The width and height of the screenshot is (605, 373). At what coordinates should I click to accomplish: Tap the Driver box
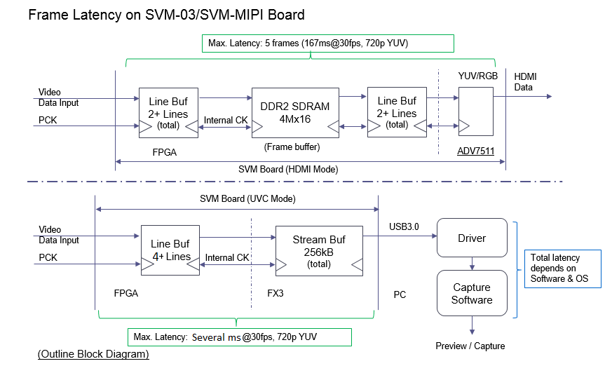click(x=472, y=238)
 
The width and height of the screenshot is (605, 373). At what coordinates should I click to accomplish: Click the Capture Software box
click(x=472, y=294)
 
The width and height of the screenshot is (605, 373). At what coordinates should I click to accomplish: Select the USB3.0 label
click(x=405, y=226)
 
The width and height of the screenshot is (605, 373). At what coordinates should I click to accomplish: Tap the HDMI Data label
click(x=526, y=82)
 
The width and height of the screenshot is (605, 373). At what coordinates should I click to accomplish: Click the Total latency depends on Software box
click(x=562, y=269)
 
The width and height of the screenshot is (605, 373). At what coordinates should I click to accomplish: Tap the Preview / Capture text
click(x=470, y=346)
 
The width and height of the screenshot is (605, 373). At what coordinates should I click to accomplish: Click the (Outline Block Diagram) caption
click(x=93, y=355)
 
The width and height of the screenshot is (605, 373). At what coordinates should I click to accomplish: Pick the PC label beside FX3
click(x=400, y=294)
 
